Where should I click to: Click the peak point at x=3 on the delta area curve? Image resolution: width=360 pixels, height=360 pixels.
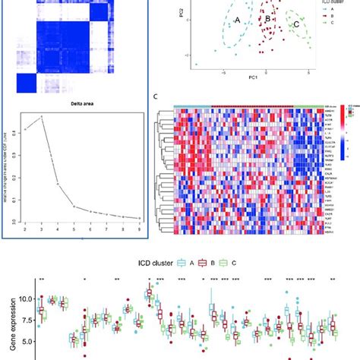41,116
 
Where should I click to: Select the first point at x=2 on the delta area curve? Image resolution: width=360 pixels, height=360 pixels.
25,129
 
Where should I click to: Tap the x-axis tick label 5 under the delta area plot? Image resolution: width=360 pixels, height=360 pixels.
74,227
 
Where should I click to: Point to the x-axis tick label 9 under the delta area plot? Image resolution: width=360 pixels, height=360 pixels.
137,227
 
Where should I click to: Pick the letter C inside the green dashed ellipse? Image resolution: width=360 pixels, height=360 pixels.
295,24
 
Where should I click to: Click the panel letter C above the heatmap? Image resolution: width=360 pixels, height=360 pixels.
155,97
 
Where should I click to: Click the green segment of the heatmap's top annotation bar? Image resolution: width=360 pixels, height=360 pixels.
307,107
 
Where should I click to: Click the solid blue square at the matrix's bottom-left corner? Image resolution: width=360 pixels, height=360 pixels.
30,83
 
